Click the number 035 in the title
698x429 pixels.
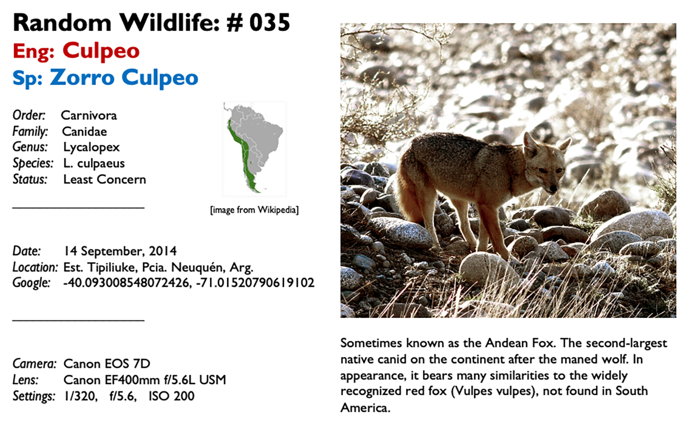click(x=270, y=23)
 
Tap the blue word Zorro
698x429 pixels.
click(x=82, y=77)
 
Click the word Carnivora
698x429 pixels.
click(x=89, y=116)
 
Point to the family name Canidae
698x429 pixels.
click(x=84, y=132)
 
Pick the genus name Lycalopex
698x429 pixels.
click(x=91, y=148)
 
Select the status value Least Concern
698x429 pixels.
click(x=105, y=180)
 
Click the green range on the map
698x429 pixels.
click(x=245, y=155)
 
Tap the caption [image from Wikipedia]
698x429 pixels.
click(x=254, y=210)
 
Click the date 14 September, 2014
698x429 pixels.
click(x=120, y=251)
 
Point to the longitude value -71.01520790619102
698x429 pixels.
click(x=255, y=283)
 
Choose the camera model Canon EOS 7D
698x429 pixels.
click(x=107, y=364)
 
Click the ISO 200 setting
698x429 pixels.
click(x=172, y=396)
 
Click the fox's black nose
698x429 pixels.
click(x=553, y=188)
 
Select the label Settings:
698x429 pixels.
click(x=34, y=396)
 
